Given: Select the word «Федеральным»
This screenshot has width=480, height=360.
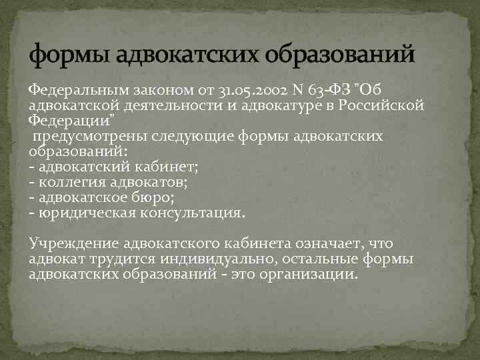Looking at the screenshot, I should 76,91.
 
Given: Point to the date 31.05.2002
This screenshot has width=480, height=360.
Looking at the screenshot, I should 246,91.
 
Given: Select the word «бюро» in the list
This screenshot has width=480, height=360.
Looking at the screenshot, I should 153,197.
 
